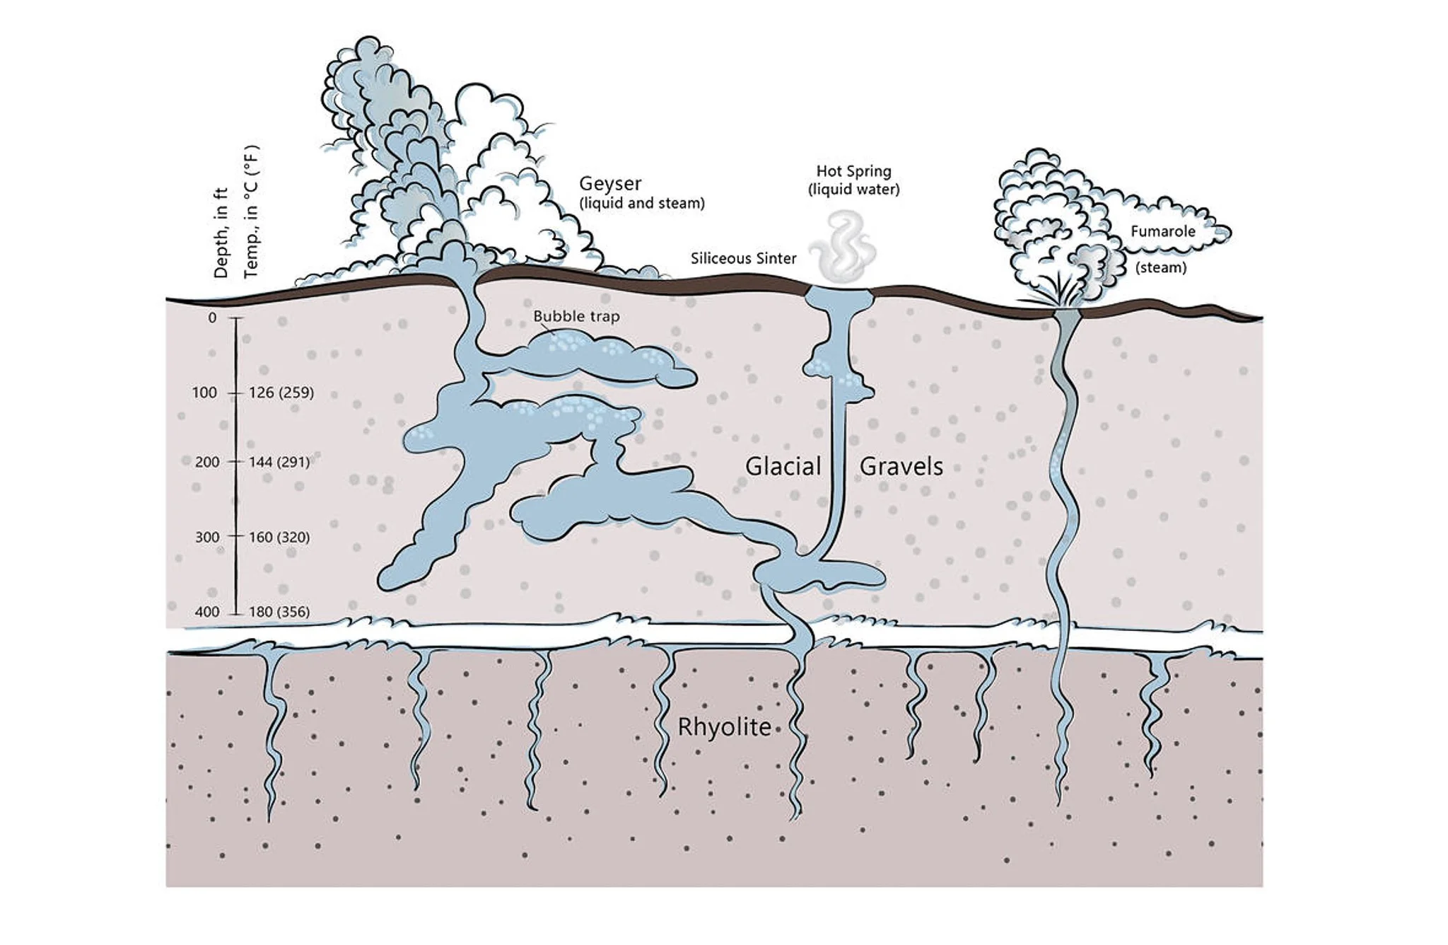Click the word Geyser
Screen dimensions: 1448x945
click(x=609, y=183)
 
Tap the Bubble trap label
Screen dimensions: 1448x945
click(x=576, y=316)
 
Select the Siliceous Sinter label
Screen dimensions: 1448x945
click(x=743, y=258)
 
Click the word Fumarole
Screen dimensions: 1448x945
click(x=1162, y=231)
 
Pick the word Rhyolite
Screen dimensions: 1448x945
click(x=724, y=727)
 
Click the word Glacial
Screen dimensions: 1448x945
click(x=783, y=467)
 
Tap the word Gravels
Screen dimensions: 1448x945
click(x=901, y=467)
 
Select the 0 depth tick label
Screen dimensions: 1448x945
click(x=212, y=318)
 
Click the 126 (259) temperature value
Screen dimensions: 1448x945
click(x=281, y=393)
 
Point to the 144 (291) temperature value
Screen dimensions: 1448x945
click(x=279, y=462)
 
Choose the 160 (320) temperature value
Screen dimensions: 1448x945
click(x=279, y=537)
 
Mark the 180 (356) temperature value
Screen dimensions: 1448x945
click(x=279, y=612)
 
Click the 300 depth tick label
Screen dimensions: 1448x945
click(x=207, y=537)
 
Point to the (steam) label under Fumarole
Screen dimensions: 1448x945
click(x=1160, y=267)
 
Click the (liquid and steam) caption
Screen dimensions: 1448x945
click(x=642, y=204)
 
